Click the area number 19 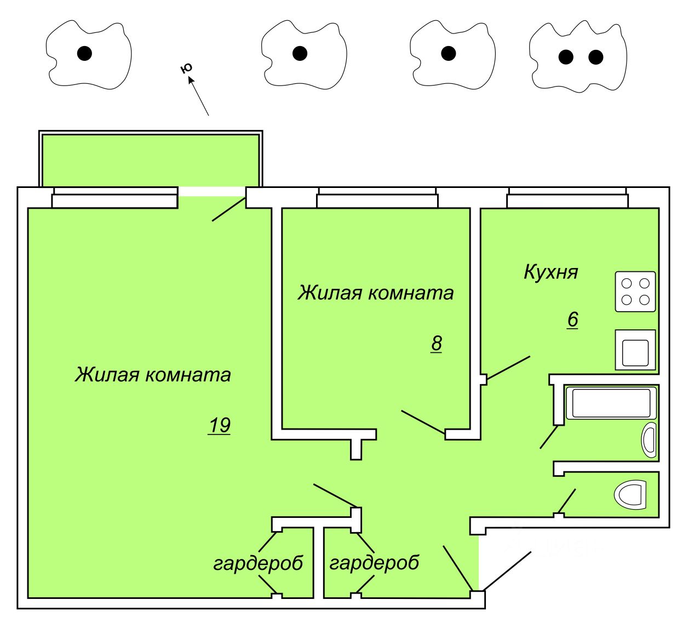[219, 425]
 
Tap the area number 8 [436, 344]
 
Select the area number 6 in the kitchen [572, 319]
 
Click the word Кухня [551, 272]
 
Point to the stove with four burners [635, 292]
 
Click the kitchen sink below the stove [635, 350]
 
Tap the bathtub [611, 403]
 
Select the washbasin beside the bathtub [649, 440]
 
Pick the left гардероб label [258, 563]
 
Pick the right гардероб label [374, 563]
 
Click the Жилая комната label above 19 [153, 375]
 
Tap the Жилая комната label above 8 [376, 293]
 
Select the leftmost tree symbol [88, 54]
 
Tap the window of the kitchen [567, 198]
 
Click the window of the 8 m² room [377, 198]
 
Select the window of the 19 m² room [115, 198]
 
